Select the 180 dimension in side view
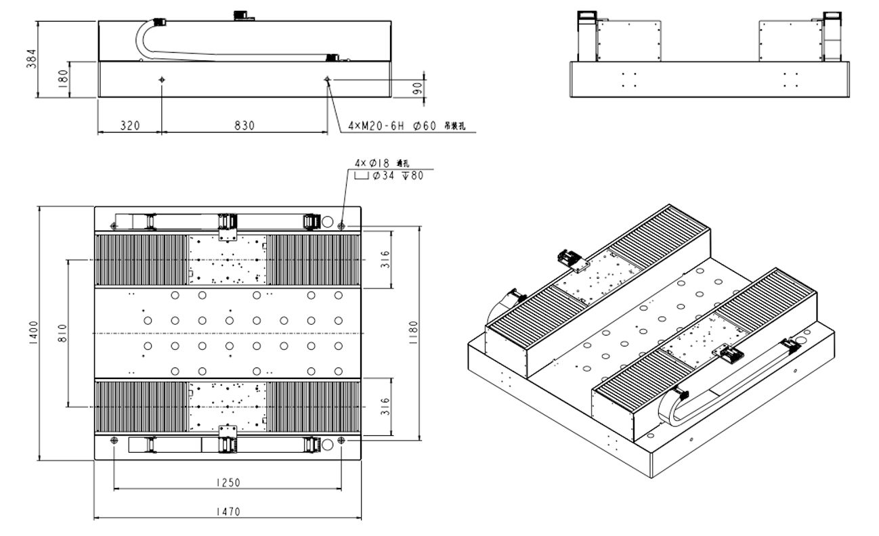click(x=63, y=79)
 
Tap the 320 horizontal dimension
click(x=130, y=125)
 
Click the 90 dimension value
click(x=417, y=88)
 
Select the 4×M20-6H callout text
click(x=375, y=126)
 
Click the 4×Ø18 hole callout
click(x=373, y=163)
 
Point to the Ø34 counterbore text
click(x=384, y=176)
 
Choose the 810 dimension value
click(x=62, y=334)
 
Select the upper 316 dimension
click(x=385, y=260)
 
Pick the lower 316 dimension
click(x=385, y=406)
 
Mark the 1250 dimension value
click(x=227, y=483)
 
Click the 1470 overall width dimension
click(x=227, y=512)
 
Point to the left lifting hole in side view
click(x=162, y=80)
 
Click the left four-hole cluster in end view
click(x=629, y=80)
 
